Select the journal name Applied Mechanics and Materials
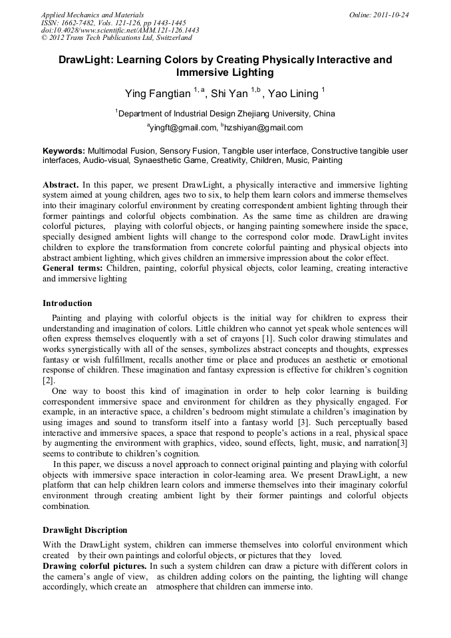pyautogui.click(x=92, y=15)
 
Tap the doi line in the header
pyautogui.click(x=120, y=31)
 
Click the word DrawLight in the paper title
pyautogui.click(x=86, y=60)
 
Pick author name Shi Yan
pyautogui.click(x=230, y=94)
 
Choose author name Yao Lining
pyautogui.click(x=293, y=94)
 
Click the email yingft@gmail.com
pyautogui.click(x=183, y=128)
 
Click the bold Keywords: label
pyautogui.click(x=64, y=151)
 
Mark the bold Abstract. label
pyautogui.click(x=61, y=184)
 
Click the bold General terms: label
pyautogui.click(x=73, y=267)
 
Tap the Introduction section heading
pyautogui.click(x=67, y=303)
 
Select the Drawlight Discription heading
pyautogui.click(x=84, y=530)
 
